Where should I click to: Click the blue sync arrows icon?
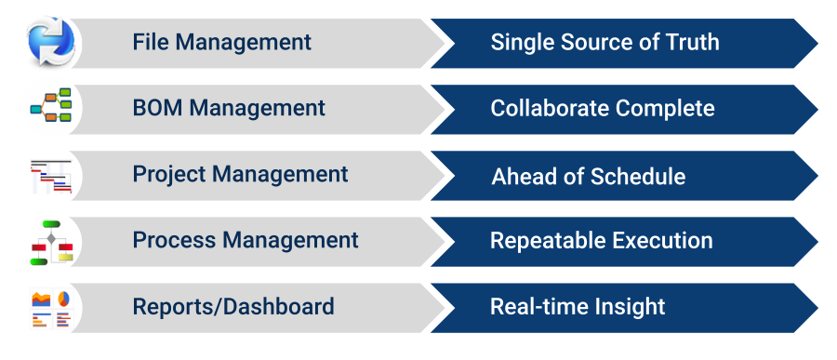point(51,42)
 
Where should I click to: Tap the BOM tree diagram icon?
point(51,105)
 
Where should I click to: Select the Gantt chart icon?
point(51,176)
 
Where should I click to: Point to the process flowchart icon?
point(52,243)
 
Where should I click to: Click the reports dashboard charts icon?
point(51,309)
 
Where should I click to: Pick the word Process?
point(174,240)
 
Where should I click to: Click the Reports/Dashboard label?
point(233,307)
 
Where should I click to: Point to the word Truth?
point(692,42)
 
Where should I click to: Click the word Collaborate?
point(550,109)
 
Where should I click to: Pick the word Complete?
point(665,109)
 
